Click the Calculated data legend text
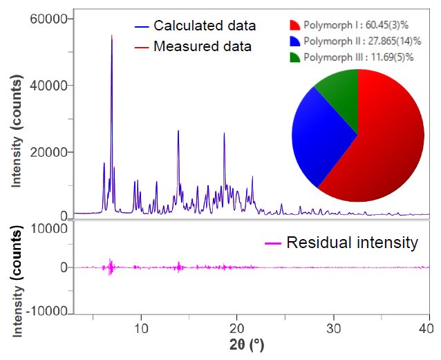click(205, 26)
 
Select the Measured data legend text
click(203, 46)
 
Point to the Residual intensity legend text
click(352, 243)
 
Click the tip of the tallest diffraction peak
click(112, 35)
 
